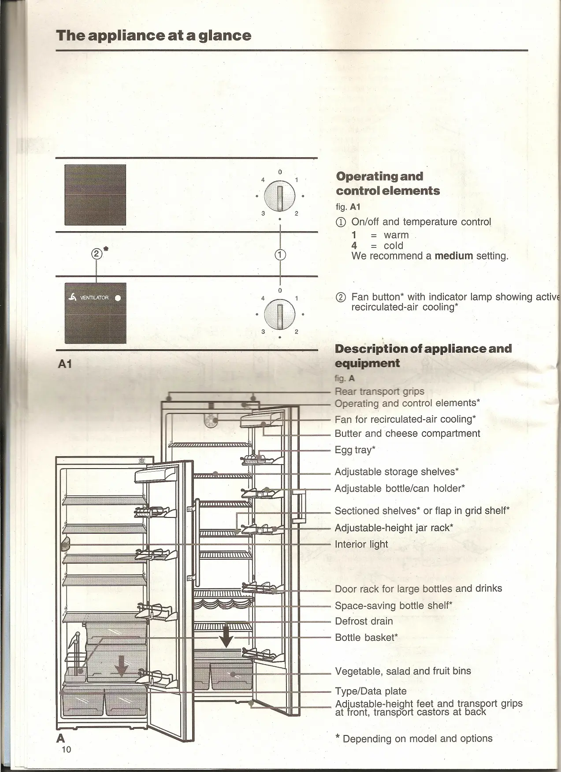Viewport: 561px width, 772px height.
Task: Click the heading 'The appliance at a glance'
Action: click(153, 36)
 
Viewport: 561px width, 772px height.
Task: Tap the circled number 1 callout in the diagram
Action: click(280, 255)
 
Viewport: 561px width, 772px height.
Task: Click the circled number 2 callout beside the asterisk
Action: click(96, 254)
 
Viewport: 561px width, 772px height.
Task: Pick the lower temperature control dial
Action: click(279, 313)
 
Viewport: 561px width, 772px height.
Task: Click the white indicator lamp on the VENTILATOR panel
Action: click(118, 298)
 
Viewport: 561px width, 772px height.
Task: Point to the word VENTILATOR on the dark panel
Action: click(94, 298)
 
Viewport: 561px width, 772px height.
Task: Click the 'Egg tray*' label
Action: click(355, 450)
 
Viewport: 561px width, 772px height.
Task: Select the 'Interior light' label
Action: click(361, 544)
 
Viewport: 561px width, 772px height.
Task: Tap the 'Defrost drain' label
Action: click(364, 621)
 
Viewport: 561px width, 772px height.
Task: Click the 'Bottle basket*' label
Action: click(366, 637)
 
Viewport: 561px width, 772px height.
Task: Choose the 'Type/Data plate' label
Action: click(371, 691)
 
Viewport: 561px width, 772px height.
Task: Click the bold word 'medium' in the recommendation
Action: click(453, 256)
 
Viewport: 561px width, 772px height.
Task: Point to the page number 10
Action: click(66, 750)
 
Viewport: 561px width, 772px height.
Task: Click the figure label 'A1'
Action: click(65, 364)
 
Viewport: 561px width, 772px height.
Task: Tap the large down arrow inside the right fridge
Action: click(226, 635)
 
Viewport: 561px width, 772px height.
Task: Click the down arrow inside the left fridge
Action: click(121, 665)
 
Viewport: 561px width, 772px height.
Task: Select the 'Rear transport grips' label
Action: click(379, 392)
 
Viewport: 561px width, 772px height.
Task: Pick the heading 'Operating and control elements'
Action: click(388, 183)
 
